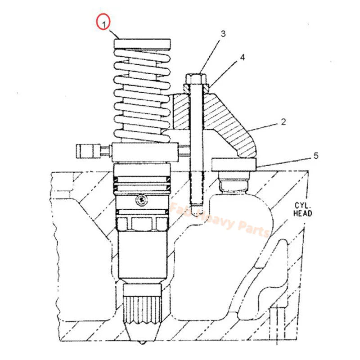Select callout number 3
point(222,33)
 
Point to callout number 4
point(242,58)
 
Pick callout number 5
point(316,156)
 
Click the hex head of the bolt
point(195,81)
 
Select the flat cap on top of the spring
point(143,44)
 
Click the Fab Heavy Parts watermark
point(220,220)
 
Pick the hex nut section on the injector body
point(143,222)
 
